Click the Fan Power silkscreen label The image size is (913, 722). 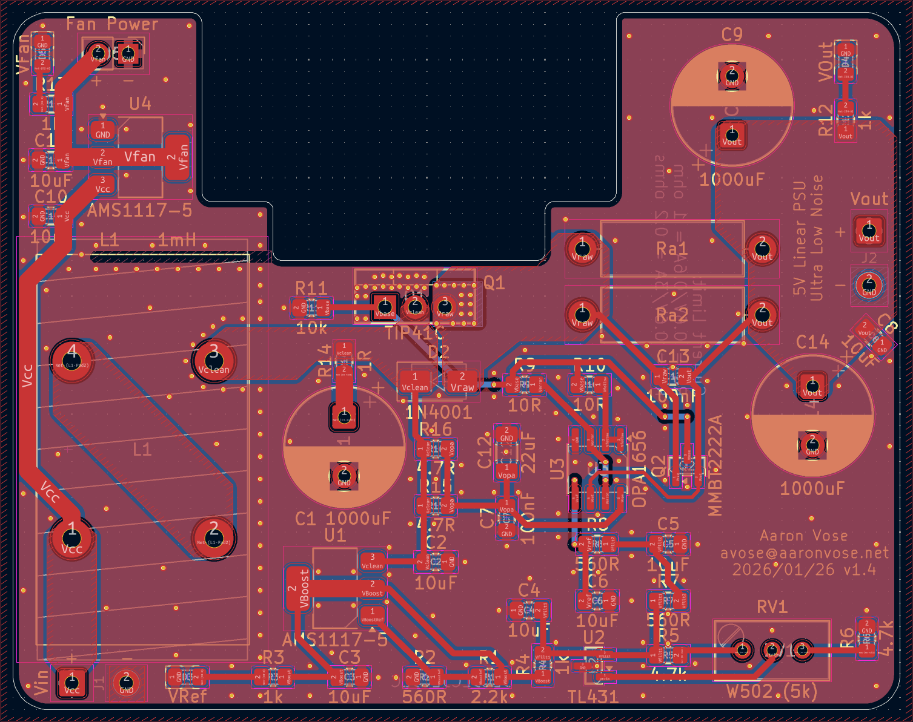(112, 24)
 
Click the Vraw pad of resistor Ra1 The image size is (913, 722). (582, 248)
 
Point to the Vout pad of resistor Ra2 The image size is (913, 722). (762, 315)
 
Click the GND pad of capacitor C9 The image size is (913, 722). (732, 76)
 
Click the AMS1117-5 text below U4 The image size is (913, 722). (139, 211)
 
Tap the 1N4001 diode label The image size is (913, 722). (438, 412)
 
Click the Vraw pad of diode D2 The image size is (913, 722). (462, 382)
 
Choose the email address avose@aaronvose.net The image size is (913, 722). (805, 553)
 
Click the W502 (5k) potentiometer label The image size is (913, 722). (772, 691)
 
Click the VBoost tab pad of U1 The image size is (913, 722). (298, 588)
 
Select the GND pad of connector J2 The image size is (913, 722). (869, 284)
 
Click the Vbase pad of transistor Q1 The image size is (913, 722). (385, 306)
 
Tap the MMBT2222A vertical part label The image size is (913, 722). (715, 465)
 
